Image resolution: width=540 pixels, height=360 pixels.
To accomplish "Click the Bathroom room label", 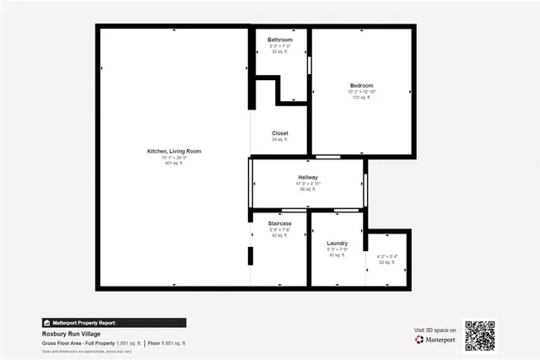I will (280, 40).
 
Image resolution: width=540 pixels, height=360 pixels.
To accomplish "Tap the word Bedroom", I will (363, 85).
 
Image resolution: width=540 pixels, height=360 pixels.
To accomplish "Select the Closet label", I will (280, 133).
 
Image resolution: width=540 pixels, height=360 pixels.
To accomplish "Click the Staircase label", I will (280, 223).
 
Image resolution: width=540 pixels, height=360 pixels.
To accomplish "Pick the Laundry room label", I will (337, 243).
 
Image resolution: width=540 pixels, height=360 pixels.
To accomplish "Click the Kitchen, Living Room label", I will (174, 151).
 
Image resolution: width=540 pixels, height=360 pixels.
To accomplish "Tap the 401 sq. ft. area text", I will (174, 163).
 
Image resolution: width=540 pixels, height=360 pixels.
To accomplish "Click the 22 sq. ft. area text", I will (386, 263).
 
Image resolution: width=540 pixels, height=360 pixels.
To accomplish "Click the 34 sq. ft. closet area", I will (280, 140).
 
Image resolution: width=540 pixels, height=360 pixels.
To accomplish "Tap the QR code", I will (480, 335).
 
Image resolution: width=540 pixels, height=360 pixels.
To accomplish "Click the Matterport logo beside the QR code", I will (435, 340).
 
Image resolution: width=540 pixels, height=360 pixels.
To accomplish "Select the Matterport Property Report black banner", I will (114, 322).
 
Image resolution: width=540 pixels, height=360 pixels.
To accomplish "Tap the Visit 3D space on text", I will (435, 330).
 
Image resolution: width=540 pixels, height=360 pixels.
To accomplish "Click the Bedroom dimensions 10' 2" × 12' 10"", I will (363, 92).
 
